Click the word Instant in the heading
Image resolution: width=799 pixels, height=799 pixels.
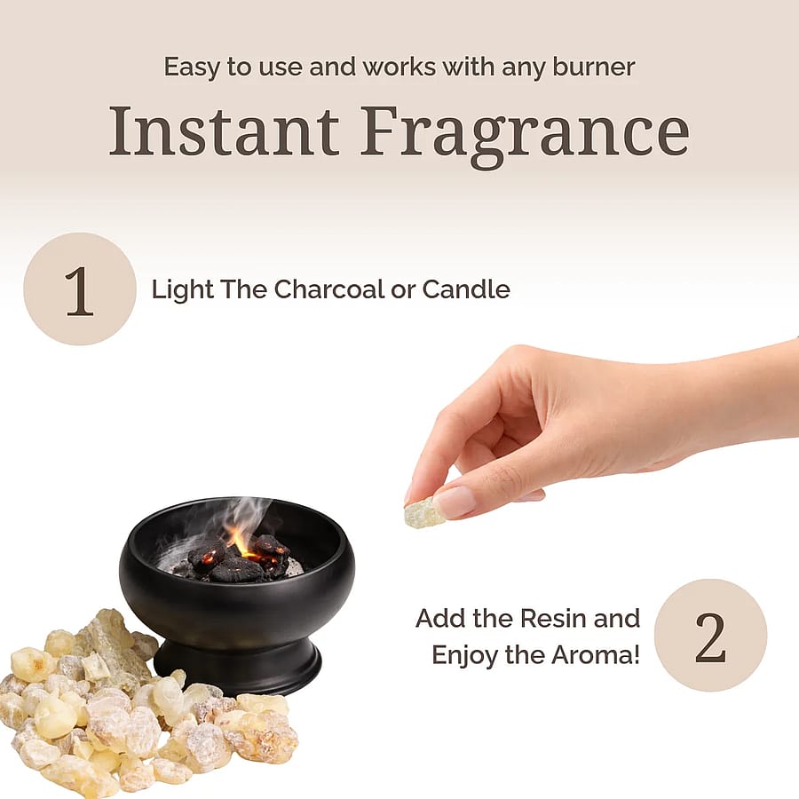click(224, 131)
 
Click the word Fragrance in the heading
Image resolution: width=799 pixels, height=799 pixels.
click(525, 136)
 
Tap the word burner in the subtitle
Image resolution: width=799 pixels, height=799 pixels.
click(594, 67)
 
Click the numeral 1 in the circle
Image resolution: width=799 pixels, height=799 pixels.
click(80, 291)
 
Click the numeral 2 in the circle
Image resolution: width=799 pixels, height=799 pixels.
click(710, 637)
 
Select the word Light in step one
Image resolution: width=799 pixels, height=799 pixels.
click(182, 290)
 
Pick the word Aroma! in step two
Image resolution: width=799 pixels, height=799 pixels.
click(595, 655)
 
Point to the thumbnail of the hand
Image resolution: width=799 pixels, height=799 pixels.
click(455, 501)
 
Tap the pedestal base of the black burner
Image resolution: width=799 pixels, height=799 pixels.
click(237, 665)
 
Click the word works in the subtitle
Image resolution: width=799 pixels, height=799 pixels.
click(399, 67)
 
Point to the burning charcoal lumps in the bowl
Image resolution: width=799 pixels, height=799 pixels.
click(240, 559)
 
